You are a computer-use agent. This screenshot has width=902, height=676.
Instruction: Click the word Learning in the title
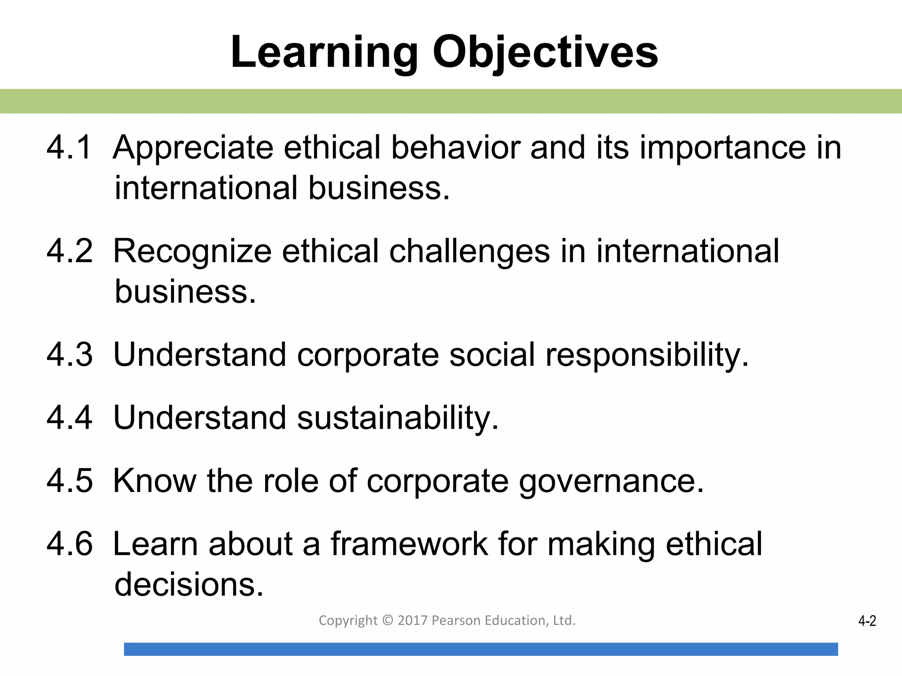(x=324, y=53)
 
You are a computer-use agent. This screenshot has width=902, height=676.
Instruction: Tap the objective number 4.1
(x=69, y=147)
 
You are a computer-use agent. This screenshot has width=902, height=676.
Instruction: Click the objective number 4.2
(x=70, y=251)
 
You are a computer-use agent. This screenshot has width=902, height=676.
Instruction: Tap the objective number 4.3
(x=70, y=355)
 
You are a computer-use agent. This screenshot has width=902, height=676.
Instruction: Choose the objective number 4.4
(x=70, y=418)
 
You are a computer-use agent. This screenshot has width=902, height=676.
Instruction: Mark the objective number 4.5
(x=70, y=481)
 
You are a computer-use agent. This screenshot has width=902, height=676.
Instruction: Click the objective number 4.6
(x=70, y=544)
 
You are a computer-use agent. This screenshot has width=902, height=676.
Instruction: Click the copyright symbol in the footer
(x=388, y=620)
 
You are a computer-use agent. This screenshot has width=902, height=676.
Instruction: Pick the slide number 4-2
(x=867, y=621)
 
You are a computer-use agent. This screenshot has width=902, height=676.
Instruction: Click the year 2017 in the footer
(x=413, y=620)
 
